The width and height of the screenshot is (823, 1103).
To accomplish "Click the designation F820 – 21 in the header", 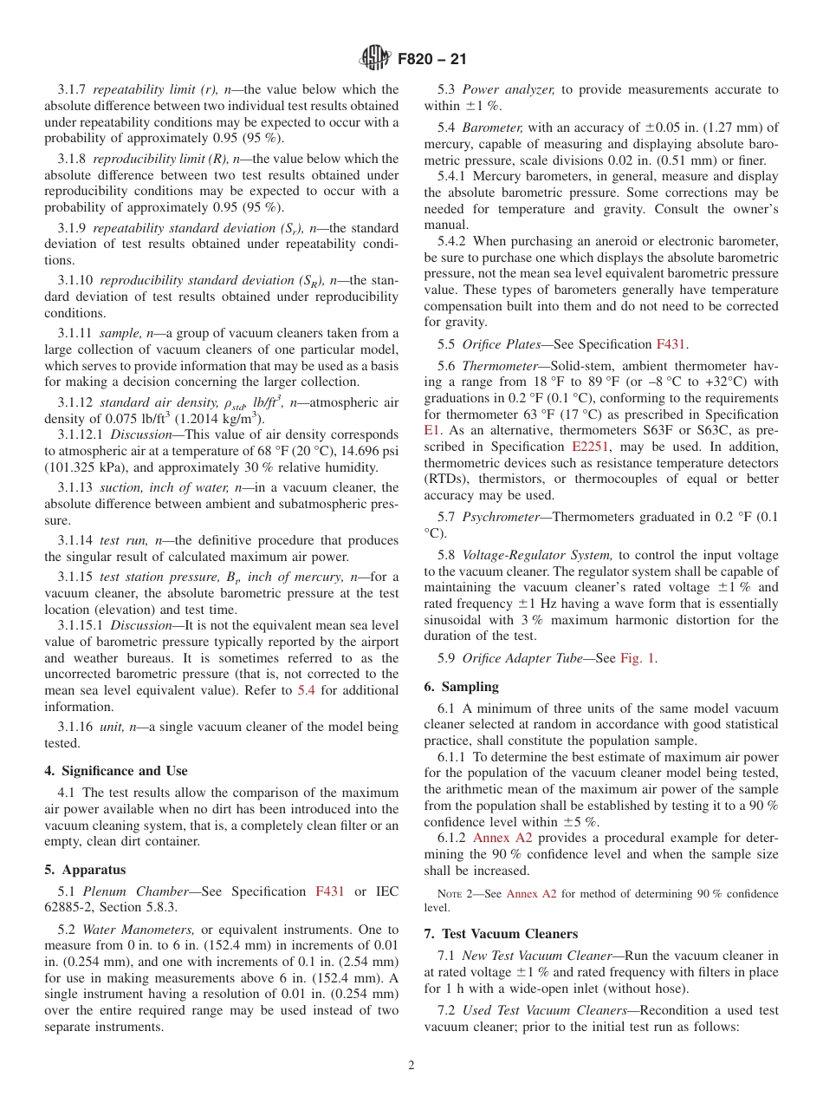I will [x=431, y=59].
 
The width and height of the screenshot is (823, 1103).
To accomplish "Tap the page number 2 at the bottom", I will [x=411, y=1065].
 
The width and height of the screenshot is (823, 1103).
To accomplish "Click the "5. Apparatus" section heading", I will [x=85, y=869].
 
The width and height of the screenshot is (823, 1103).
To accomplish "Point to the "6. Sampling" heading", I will [x=461, y=686].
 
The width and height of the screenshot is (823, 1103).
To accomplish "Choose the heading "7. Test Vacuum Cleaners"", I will [x=501, y=933].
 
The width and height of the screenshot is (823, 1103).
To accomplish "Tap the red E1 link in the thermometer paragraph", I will [x=432, y=429].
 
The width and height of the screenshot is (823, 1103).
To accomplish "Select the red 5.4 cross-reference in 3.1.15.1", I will [x=306, y=690].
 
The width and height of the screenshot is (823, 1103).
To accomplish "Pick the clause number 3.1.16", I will [x=76, y=727].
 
